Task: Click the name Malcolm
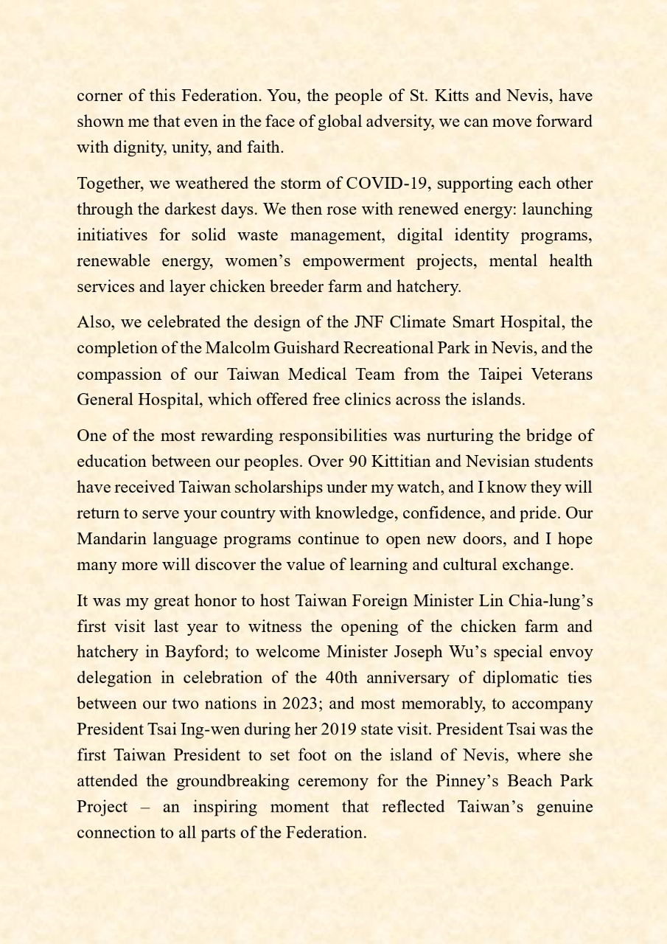pyautogui.click(x=236, y=348)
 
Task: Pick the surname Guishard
pyautogui.click(x=308, y=348)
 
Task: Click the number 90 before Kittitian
pyautogui.click(x=358, y=462)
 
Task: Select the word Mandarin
pyautogui.click(x=111, y=539)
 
